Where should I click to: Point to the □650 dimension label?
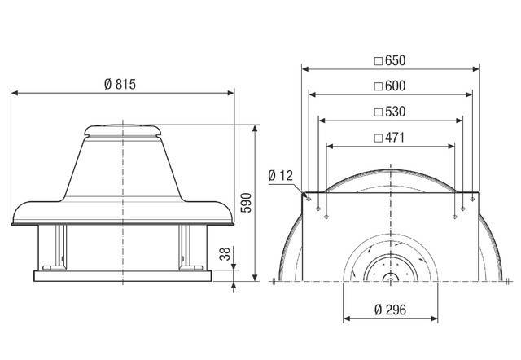388,60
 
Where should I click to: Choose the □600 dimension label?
388,86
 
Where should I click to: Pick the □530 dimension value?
388,111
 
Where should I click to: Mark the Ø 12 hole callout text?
279,176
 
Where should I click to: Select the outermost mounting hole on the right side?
472,196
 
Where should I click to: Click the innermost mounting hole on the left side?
326,217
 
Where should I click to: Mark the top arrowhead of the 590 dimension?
256,128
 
